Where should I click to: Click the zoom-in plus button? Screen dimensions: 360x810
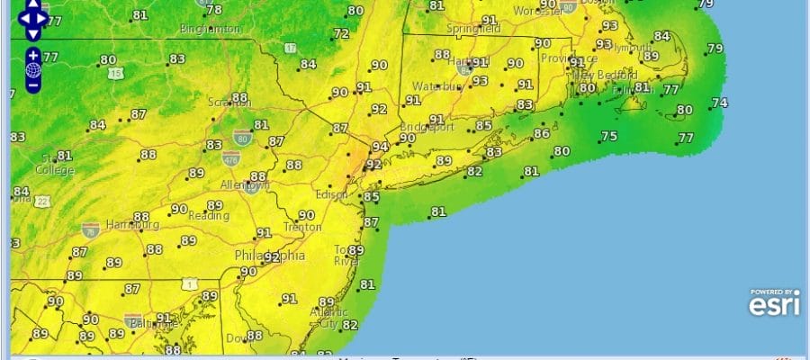(33, 56)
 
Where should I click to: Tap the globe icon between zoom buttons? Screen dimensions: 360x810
(33, 70)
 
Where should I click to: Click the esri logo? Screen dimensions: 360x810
(773, 304)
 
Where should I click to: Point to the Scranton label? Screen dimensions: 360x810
(230, 103)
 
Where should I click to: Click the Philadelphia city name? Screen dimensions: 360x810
(269, 256)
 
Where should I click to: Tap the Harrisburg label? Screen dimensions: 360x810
(132, 224)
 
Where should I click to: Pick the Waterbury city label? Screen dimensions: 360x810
(436, 86)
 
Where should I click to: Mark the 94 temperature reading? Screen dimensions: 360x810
(380, 147)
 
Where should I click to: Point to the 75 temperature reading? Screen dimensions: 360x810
(609, 137)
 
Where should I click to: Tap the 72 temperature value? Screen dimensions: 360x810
(341, 34)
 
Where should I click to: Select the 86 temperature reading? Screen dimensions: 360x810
(541, 134)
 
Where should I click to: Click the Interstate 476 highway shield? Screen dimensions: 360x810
(230, 159)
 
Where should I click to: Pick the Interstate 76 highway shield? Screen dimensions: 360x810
(90, 230)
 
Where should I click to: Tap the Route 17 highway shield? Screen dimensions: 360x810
(290, 47)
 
